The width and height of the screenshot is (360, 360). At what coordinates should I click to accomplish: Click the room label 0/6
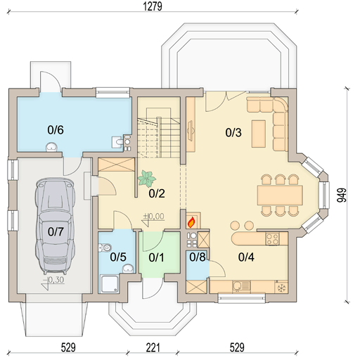(56, 129)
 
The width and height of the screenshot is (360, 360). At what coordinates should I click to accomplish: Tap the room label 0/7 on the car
(56, 232)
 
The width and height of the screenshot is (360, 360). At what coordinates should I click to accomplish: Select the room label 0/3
(233, 132)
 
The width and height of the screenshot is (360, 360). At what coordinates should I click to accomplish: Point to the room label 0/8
(198, 257)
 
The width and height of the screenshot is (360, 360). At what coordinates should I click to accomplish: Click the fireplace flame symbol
(191, 222)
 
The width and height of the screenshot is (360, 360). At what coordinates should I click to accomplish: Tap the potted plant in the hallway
(147, 179)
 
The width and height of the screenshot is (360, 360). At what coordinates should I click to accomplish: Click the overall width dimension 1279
(153, 6)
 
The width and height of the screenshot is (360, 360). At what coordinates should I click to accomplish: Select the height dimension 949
(342, 195)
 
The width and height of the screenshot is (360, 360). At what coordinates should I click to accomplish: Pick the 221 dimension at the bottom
(153, 347)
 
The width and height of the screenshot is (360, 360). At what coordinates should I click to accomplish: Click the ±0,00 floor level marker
(154, 216)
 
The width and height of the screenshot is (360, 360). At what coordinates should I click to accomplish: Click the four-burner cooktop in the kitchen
(272, 239)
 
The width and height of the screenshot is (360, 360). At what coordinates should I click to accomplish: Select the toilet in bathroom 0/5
(105, 247)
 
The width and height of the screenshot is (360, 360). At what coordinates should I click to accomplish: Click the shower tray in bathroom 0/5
(110, 284)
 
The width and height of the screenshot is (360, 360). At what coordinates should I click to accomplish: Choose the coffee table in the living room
(259, 134)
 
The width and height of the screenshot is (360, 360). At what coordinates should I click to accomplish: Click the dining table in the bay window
(280, 195)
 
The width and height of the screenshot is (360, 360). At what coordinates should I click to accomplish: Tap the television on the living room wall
(191, 131)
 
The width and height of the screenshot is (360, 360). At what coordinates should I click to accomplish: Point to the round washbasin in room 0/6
(51, 147)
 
